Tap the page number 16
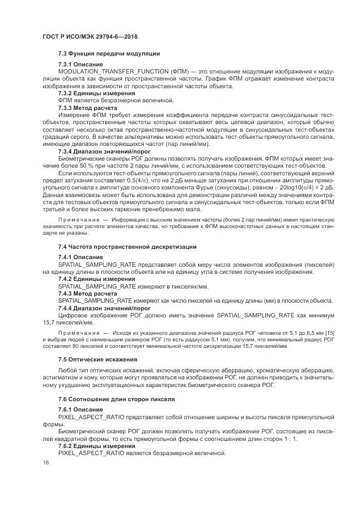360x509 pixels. [45, 462]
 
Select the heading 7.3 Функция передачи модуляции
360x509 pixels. [108, 53]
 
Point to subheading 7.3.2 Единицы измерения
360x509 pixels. [89, 93]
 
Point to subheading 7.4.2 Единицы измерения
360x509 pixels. [89, 279]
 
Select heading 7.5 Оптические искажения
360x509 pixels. [99, 360]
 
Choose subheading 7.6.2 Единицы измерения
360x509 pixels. [89, 445]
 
